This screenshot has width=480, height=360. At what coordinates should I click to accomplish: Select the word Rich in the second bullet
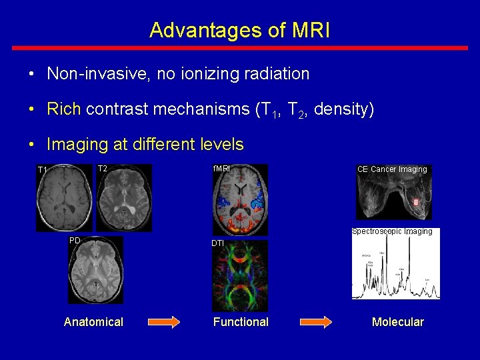63,109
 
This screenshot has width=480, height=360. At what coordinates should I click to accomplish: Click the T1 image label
43,170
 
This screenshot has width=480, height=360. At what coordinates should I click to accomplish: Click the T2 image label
103,169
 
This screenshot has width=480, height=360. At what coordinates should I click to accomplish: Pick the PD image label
75,240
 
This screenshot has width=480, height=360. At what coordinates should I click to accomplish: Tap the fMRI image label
221,169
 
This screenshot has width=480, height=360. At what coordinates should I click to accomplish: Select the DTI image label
218,243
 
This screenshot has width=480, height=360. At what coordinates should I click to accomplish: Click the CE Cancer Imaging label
392,169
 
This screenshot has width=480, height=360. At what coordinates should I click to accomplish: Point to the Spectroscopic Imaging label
392,232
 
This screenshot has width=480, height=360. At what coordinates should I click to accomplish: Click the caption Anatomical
93,322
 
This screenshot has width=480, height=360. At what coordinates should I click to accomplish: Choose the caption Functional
241,322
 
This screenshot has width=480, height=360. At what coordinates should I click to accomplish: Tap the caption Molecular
397,322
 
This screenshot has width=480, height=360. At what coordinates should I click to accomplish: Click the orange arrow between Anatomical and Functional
163,322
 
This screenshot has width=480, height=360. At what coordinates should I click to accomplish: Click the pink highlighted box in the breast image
416,201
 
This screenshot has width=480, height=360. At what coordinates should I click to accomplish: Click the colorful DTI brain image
240,277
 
